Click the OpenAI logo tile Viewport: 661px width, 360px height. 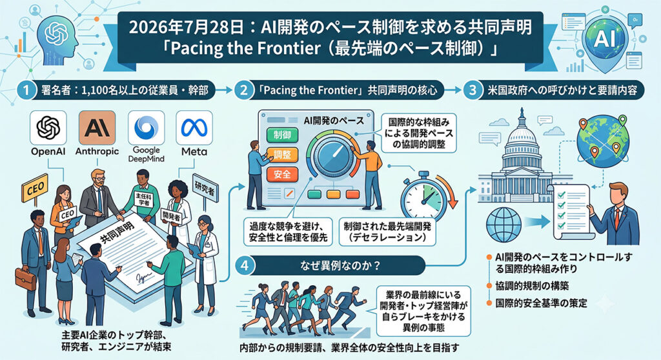click(48, 127)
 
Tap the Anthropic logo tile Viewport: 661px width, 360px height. click(97, 127)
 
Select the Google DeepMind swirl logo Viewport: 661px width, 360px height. click(146, 127)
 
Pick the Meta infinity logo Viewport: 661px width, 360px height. click(194, 127)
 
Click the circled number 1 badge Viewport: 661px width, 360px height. click(26, 90)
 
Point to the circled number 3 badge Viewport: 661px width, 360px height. click(473, 90)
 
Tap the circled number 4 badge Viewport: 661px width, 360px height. click(245, 266)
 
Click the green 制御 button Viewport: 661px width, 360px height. click(282, 135)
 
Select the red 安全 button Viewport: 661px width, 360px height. click(282, 174)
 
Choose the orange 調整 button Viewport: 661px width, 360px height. click(282, 155)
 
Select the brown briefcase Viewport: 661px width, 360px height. click(26, 279)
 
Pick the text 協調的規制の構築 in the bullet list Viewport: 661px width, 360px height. click(532, 286)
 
